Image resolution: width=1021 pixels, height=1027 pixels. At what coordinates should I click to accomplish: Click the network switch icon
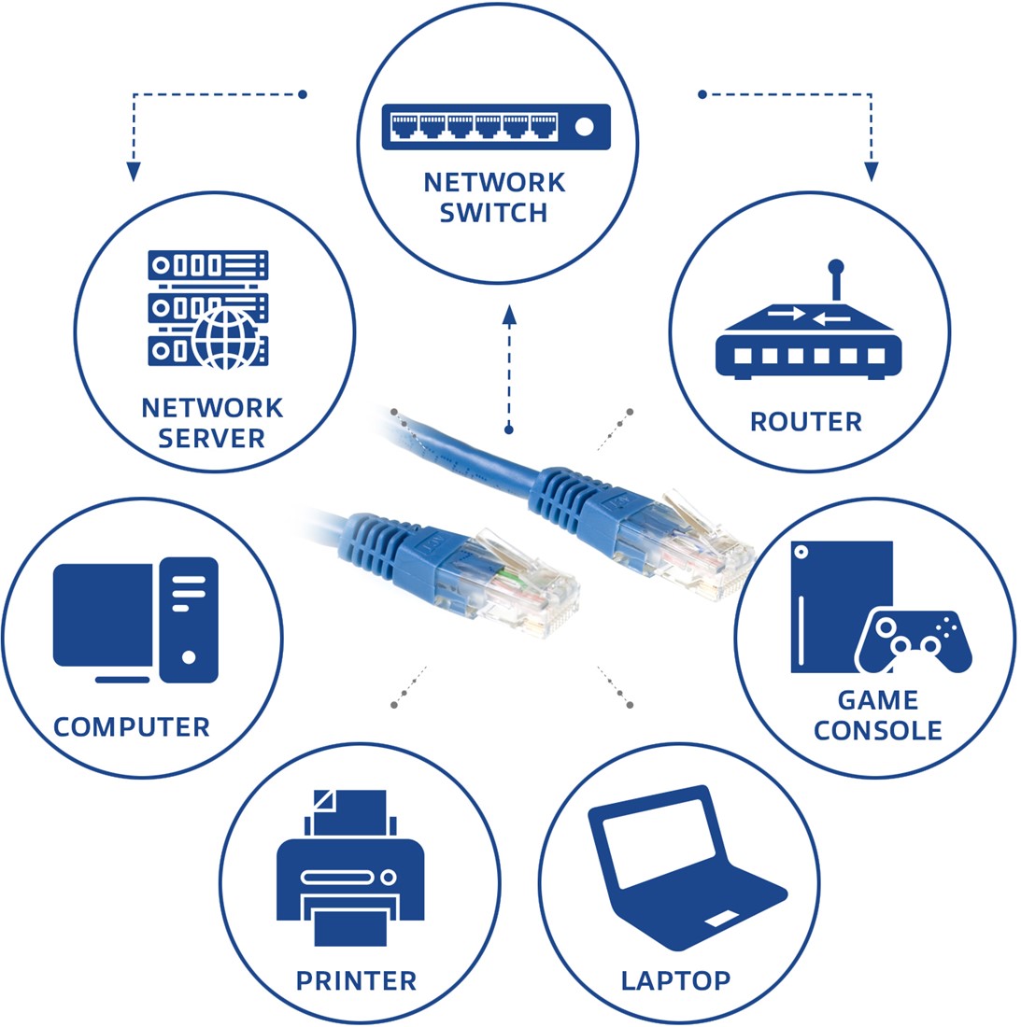click(x=496, y=126)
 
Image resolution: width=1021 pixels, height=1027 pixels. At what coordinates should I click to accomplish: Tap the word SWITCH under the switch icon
click(x=494, y=213)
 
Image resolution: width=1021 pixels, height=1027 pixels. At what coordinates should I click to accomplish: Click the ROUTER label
click(x=805, y=422)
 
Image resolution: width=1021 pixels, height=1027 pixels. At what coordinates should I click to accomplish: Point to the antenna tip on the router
click(x=836, y=266)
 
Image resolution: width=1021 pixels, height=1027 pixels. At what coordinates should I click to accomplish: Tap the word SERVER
click(x=211, y=438)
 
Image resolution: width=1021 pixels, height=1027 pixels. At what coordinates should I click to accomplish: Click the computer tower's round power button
click(x=189, y=657)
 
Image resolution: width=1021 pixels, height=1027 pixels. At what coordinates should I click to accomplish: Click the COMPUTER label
click(x=132, y=727)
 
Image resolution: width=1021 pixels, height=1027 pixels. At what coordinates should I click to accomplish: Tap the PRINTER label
click(x=356, y=981)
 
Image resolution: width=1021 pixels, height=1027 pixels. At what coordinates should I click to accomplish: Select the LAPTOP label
click(x=675, y=981)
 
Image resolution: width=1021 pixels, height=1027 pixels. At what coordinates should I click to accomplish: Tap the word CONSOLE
click(x=877, y=730)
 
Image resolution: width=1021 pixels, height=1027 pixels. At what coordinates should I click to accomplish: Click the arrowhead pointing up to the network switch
click(x=509, y=315)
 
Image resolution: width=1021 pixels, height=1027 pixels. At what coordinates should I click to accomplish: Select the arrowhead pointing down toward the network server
click(x=134, y=171)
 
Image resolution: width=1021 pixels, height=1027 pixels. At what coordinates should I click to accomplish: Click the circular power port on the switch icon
click(x=585, y=126)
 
